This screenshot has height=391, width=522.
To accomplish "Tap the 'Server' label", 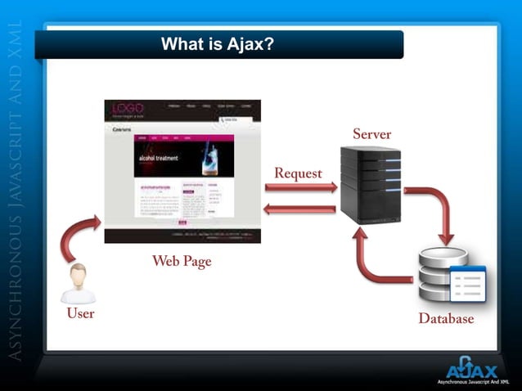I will coord(371,133).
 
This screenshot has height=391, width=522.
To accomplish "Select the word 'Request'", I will coord(298,173).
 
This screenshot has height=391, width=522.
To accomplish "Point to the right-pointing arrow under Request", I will coord(300,188).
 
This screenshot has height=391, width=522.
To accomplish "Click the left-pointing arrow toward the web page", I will coord(300,209).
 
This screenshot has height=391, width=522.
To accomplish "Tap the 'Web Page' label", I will coord(182,262).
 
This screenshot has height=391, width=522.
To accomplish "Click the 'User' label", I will coord(80,313).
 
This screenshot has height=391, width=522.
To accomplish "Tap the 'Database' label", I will coord(446,318).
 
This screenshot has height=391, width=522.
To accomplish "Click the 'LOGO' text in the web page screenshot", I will coord(128,108).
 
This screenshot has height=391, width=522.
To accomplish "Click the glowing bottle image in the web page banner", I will coord(210,155).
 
